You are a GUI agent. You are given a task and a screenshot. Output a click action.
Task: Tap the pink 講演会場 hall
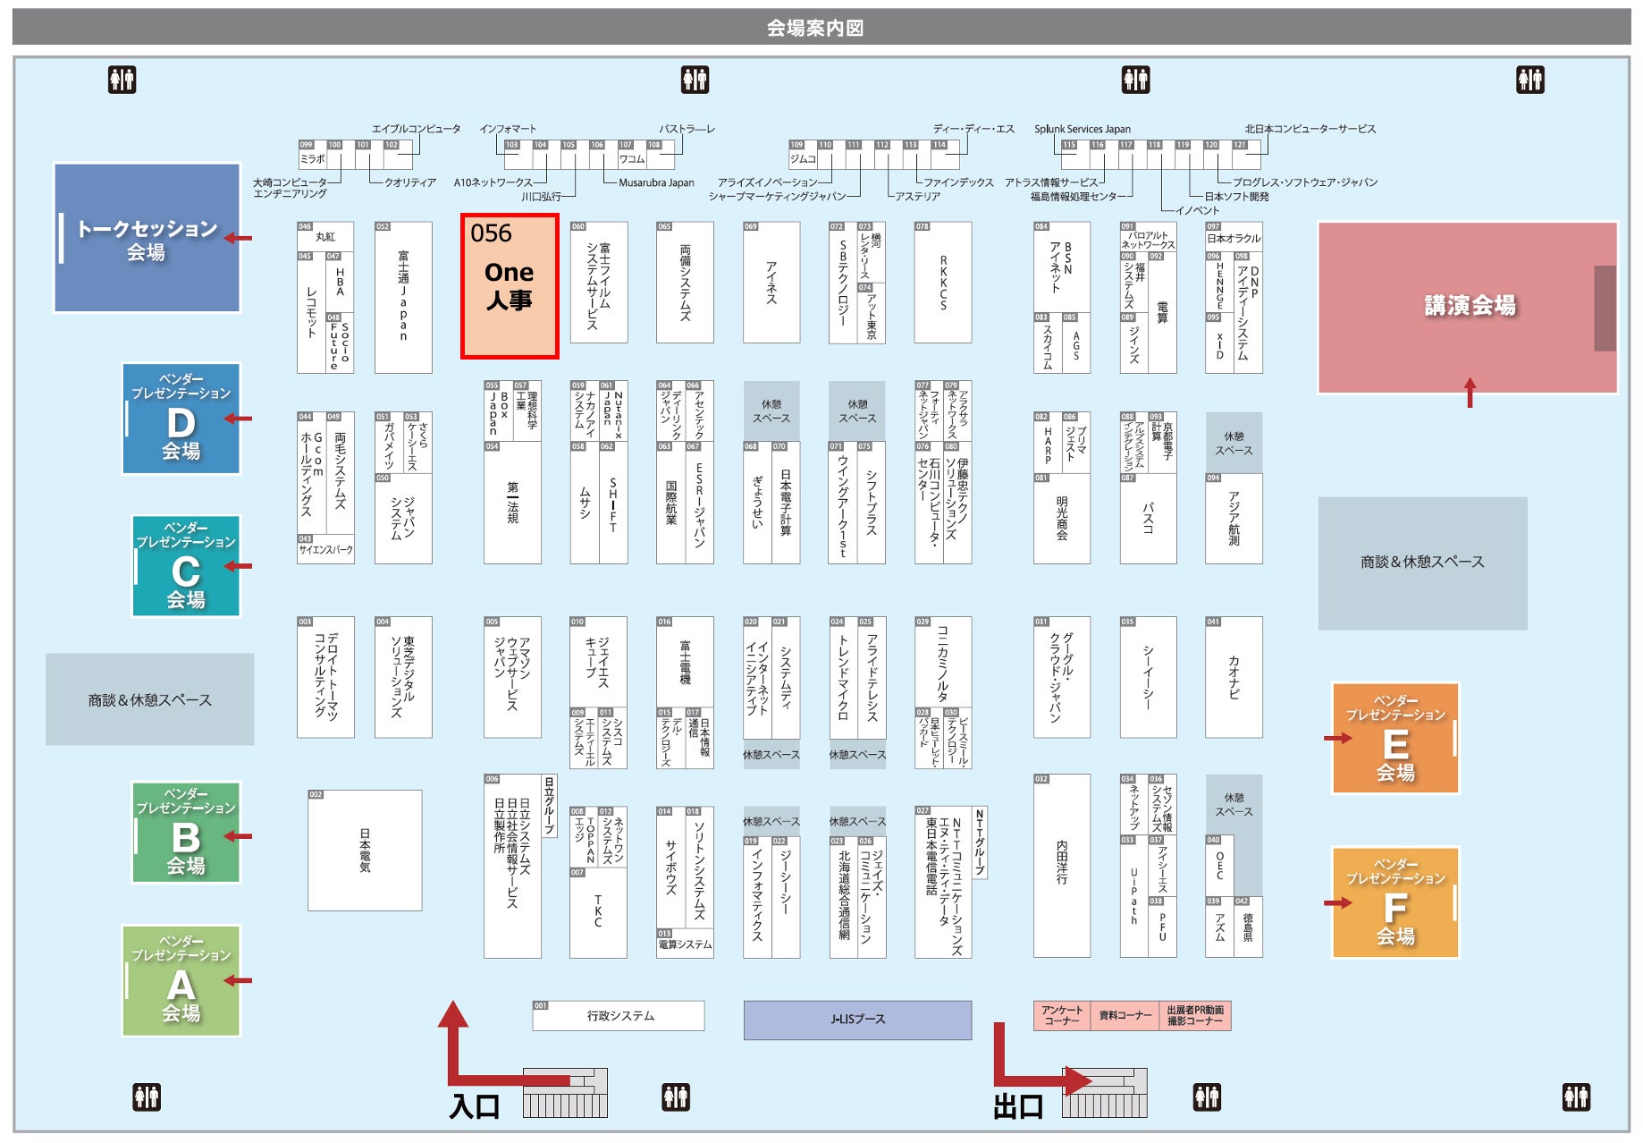click(1468, 307)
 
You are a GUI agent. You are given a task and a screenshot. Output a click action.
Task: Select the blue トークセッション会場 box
click(147, 239)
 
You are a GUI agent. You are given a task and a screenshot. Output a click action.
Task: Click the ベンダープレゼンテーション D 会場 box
click(181, 419)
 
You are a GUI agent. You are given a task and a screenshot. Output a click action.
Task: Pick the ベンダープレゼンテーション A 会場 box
click(181, 981)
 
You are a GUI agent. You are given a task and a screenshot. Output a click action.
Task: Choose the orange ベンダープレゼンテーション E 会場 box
click(1395, 739)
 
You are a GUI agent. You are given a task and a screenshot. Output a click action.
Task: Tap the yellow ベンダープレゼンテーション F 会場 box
click(1395, 903)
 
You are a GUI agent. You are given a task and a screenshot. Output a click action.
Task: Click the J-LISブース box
click(857, 1020)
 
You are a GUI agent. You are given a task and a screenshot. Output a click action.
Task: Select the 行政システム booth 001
click(619, 1016)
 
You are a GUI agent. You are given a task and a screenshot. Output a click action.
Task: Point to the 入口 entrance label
click(475, 1106)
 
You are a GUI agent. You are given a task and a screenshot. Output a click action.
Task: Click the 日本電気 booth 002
click(365, 851)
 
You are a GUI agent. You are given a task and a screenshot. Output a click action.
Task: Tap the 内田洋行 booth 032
click(1062, 866)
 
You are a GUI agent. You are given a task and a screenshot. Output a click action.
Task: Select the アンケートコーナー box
click(1061, 1016)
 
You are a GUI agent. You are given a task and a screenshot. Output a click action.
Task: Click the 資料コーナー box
click(1125, 1016)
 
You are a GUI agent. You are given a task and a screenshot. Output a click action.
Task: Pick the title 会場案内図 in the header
click(815, 28)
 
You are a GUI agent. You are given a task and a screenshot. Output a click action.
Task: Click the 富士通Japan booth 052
click(403, 298)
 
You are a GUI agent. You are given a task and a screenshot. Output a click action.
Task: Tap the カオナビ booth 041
click(1234, 677)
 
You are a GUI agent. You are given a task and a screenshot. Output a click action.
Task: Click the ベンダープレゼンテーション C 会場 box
click(186, 567)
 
